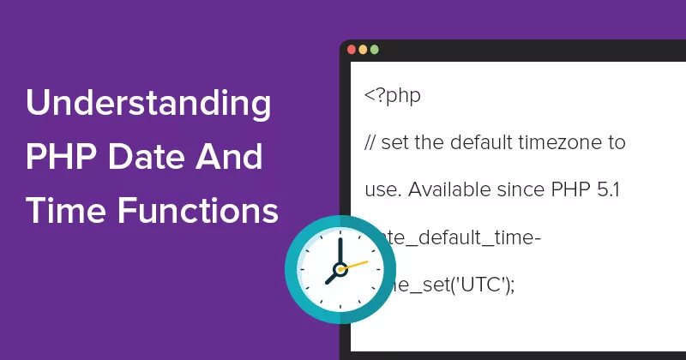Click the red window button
tap(352, 50)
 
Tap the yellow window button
tap(363, 50)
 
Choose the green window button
tap(374, 50)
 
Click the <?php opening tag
tap(393, 95)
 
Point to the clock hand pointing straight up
tap(340, 252)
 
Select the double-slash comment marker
tap(371, 141)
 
